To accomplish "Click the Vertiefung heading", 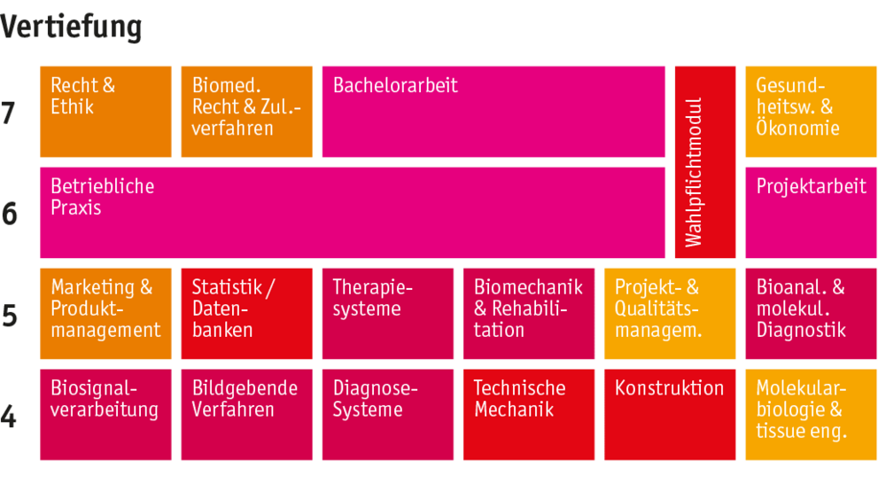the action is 71,27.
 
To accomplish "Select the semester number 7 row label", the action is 8,113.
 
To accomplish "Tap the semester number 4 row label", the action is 8,417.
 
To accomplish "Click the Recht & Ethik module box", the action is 105,112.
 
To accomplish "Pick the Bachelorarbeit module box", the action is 494,112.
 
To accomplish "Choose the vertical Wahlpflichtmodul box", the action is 705,162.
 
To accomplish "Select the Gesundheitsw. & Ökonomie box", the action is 811,112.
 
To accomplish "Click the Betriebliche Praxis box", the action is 353,213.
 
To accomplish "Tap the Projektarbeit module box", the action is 811,213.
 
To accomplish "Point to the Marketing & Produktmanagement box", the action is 105,314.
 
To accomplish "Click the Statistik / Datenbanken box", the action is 246,314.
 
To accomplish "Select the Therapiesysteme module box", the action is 388,314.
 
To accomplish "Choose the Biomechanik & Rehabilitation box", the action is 529,314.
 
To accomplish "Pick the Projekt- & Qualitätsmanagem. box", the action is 670,314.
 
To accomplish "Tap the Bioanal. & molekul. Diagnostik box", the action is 811,314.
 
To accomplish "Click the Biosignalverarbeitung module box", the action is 105,415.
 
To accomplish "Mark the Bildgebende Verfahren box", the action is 246,415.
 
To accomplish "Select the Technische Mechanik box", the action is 529,415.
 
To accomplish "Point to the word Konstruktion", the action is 669,388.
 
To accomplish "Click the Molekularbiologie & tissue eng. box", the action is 811,415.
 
